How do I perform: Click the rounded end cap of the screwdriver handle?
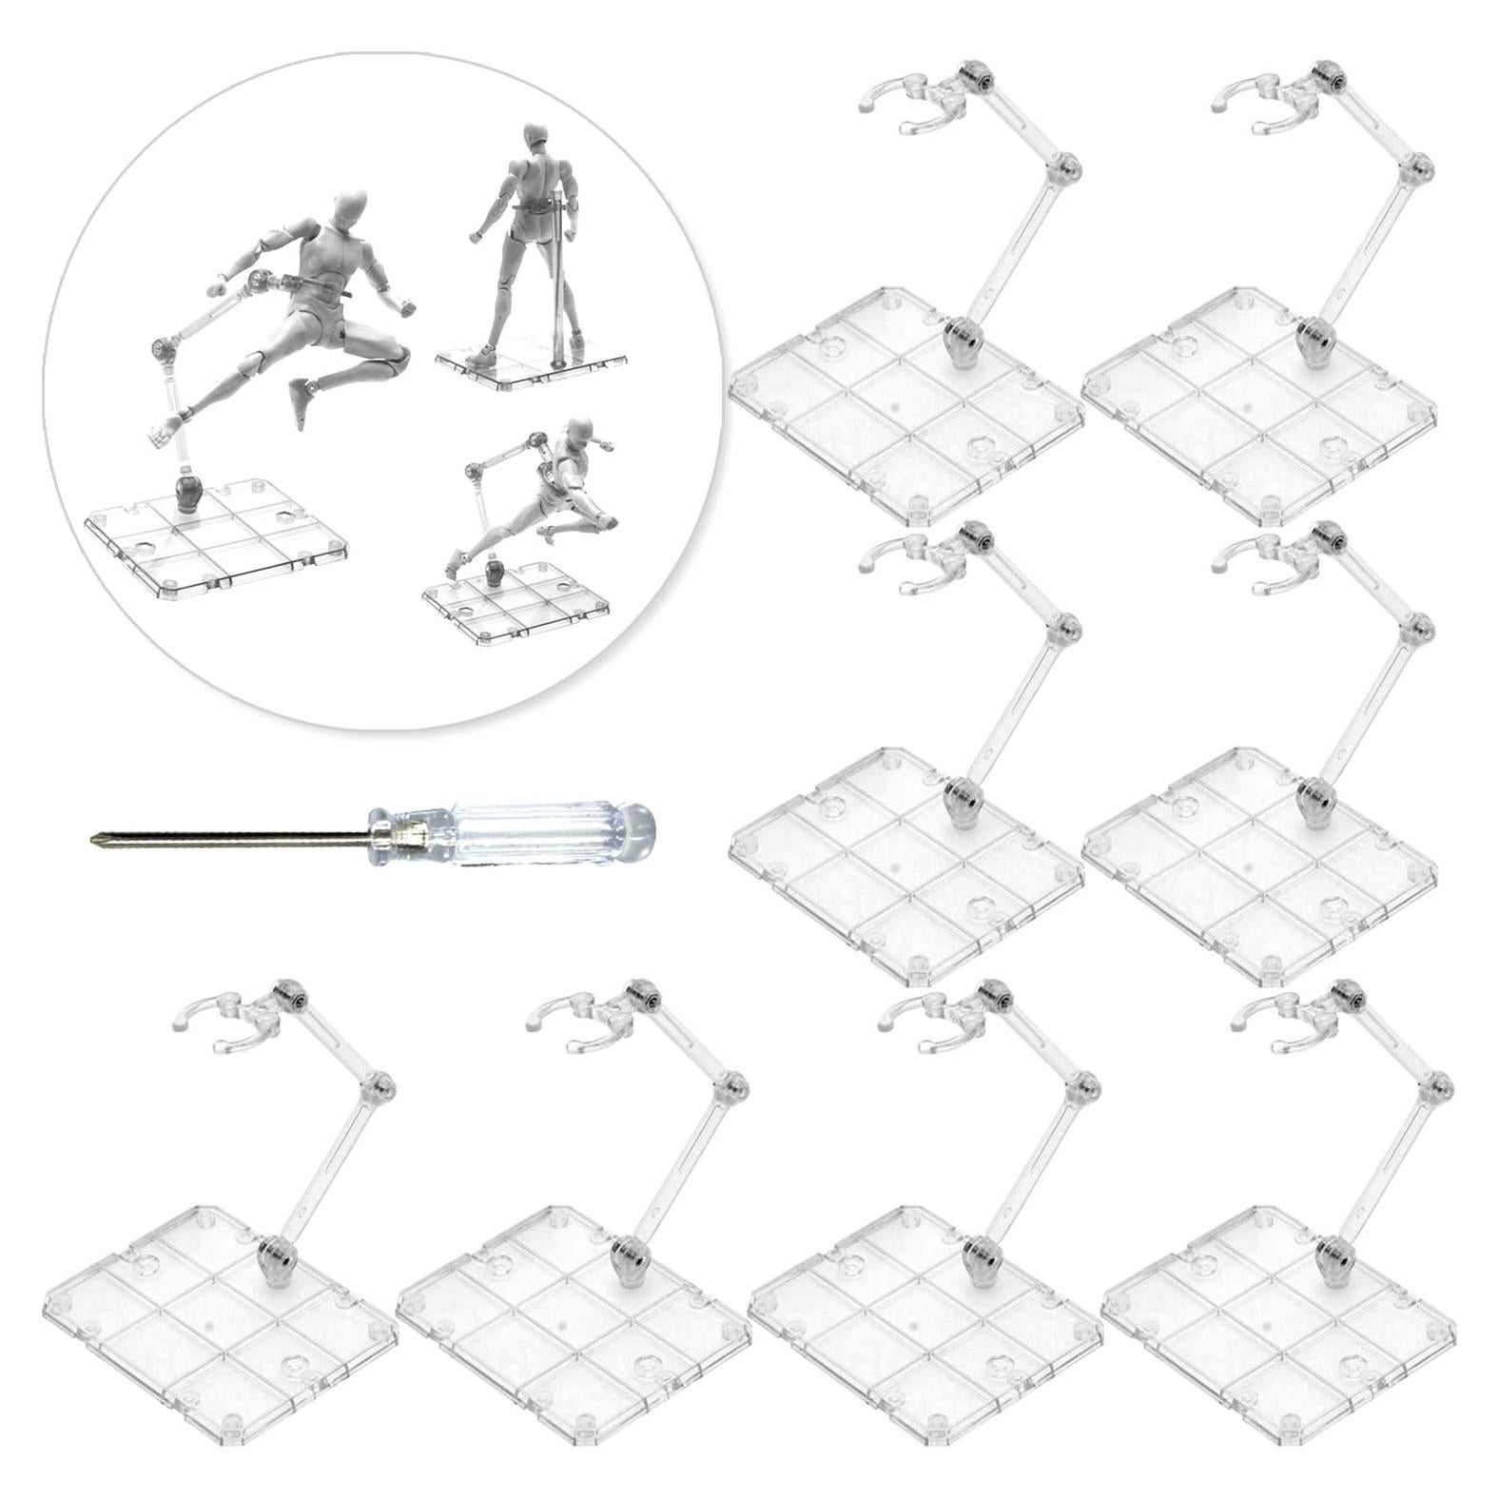coord(639,824)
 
